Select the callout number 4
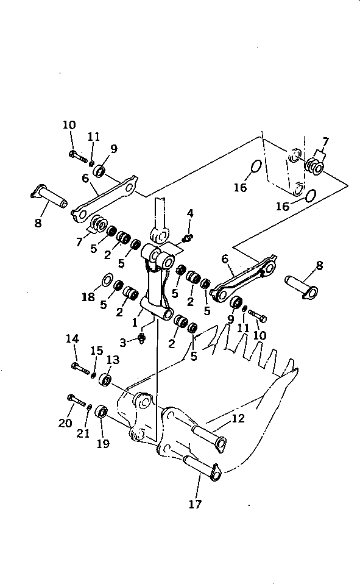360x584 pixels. point(191,213)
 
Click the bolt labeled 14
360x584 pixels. point(80,367)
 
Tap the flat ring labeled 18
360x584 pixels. point(106,281)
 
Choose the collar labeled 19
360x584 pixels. point(102,412)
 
